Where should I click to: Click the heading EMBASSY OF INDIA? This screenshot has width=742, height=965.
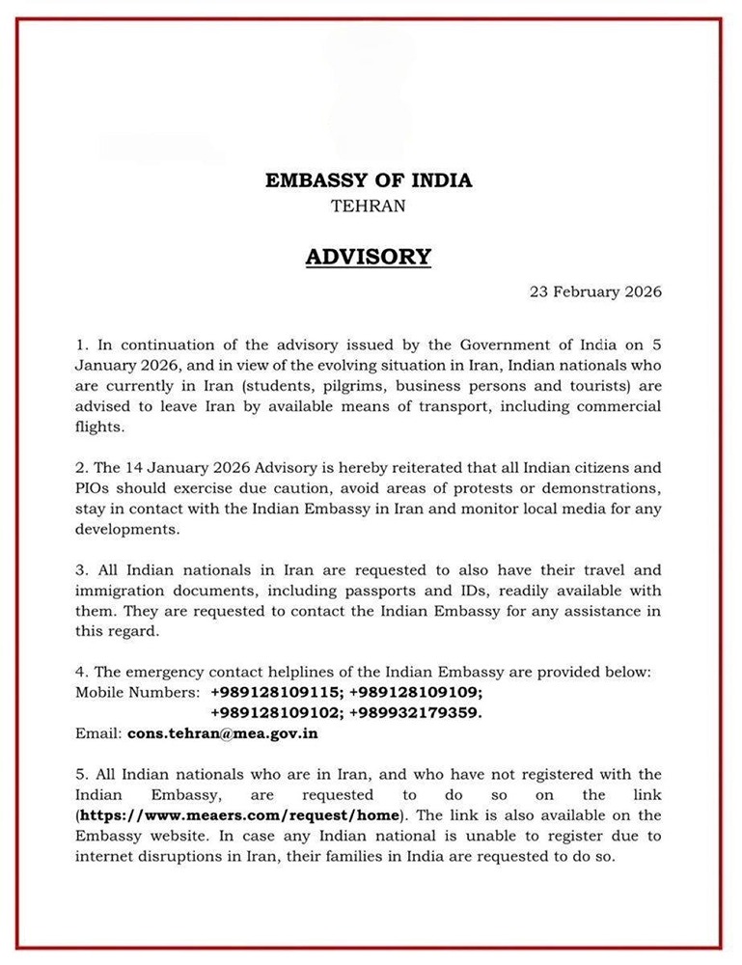point(369,180)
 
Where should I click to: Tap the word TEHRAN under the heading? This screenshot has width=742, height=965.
point(368,206)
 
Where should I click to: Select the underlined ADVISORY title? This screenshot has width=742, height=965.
point(368,257)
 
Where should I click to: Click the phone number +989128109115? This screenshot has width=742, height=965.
point(274,692)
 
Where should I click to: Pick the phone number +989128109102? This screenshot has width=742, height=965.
point(274,712)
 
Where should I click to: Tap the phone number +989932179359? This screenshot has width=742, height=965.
point(415,712)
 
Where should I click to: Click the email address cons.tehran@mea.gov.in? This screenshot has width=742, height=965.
point(223,733)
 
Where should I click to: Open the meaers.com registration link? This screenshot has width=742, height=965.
point(236,815)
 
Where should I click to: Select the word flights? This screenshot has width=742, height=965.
point(100,427)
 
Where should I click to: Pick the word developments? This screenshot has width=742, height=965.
point(125,531)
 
